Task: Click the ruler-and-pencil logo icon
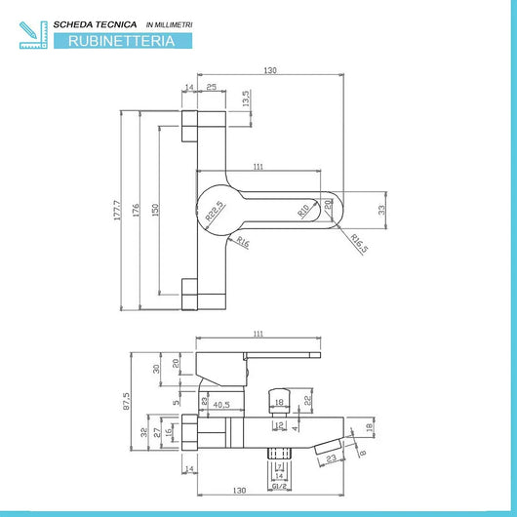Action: coord(31,31)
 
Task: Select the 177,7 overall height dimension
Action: coord(117,211)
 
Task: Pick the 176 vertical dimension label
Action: coord(138,211)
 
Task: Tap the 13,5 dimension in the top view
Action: coord(246,99)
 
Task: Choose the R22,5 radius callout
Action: coord(213,210)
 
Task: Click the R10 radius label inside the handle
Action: coord(304,209)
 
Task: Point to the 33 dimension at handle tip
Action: coord(382,208)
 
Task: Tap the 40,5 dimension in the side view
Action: coord(220,404)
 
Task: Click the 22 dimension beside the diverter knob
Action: coord(308,400)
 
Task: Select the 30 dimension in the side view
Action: coord(156,368)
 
